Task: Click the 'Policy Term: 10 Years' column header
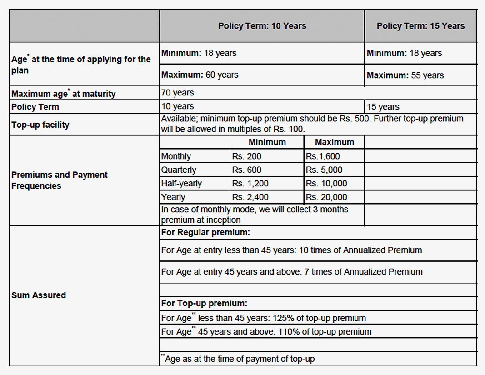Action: click(x=262, y=26)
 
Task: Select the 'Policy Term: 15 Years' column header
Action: click(x=420, y=26)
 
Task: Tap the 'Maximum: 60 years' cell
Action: click(x=200, y=75)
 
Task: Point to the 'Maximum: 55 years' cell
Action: click(x=405, y=75)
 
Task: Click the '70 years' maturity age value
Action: click(x=178, y=93)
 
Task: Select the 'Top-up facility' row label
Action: click(x=40, y=125)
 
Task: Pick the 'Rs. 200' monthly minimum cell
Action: click(x=247, y=156)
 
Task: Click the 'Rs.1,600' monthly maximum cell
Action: click(x=323, y=156)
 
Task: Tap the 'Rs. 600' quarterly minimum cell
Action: click(x=247, y=170)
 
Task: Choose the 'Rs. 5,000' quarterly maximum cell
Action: click(x=324, y=170)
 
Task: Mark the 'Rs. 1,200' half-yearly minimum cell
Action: click(x=250, y=184)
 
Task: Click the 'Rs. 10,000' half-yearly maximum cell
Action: click(x=326, y=184)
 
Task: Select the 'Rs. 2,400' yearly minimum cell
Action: click(x=250, y=197)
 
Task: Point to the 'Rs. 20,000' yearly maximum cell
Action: click(x=326, y=197)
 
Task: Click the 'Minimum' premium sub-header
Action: click(x=267, y=142)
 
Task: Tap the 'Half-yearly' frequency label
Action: click(x=181, y=184)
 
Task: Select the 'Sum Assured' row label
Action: click(x=39, y=295)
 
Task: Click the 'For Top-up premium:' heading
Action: click(x=204, y=304)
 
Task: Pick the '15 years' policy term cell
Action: click(x=383, y=107)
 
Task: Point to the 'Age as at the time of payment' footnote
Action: click(x=239, y=359)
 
